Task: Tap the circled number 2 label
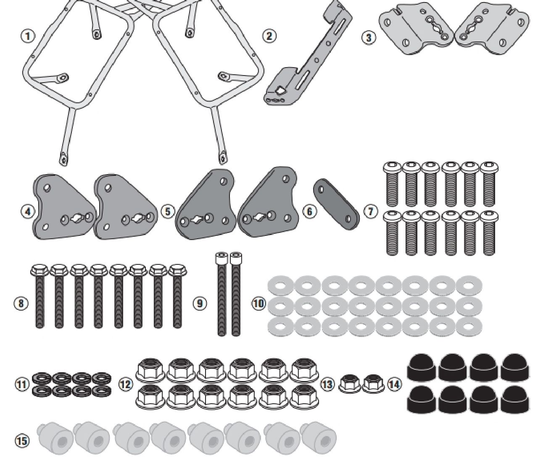click(269, 36)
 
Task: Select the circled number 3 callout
click(369, 38)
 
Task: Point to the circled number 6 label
click(309, 212)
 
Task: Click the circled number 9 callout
click(200, 303)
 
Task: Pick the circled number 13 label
click(327, 384)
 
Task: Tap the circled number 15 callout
click(21, 441)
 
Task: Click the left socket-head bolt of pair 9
click(221, 294)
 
